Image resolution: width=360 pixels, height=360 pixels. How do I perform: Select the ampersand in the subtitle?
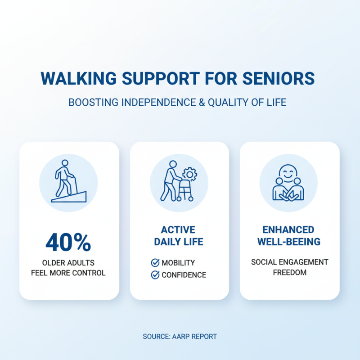pyautogui.click(x=201, y=103)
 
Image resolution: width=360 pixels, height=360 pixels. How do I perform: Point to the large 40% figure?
pyautogui.click(x=68, y=243)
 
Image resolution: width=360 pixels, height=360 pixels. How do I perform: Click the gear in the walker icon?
pyautogui.click(x=190, y=174)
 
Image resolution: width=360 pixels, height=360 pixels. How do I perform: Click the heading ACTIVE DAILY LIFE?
pyautogui.click(x=179, y=236)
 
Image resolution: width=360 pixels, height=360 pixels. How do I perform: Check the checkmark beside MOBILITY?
pyautogui.click(x=155, y=263)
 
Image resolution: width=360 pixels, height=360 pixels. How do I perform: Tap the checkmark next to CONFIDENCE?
pyautogui.click(x=155, y=275)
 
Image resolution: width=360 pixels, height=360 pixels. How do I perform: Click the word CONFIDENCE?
pyautogui.click(x=184, y=275)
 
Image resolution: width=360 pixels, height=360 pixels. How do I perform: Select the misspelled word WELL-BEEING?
pyautogui.click(x=289, y=242)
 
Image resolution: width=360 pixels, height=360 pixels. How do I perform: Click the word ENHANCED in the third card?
pyautogui.click(x=289, y=230)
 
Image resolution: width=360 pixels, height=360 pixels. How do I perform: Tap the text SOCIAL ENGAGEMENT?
pyautogui.click(x=289, y=262)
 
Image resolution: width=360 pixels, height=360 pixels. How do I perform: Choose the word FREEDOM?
pyautogui.click(x=289, y=272)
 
